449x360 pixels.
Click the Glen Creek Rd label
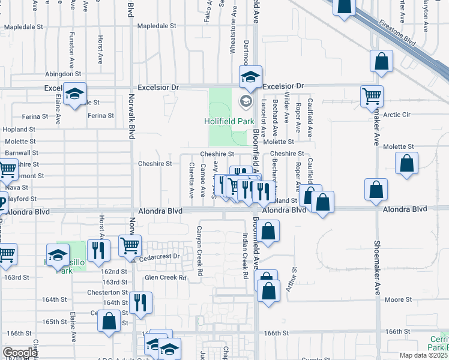[166, 277]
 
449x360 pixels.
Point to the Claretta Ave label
[191, 180]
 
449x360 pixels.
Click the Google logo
[20, 353]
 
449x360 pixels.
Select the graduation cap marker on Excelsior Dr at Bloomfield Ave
[250, 76]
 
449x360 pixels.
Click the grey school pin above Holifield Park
[245, 100]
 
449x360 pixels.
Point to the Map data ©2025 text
[423, 355]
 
